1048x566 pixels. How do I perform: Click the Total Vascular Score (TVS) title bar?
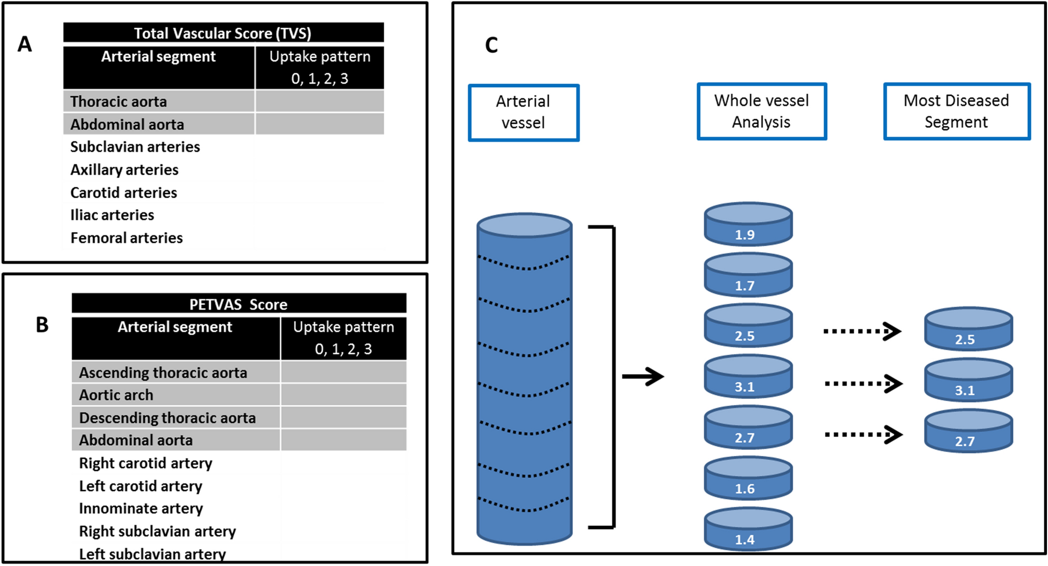point(223,33)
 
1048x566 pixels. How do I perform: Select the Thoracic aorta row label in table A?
point(119,101)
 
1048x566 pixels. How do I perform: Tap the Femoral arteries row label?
point(127,238)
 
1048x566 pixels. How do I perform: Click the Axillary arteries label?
point(124,170)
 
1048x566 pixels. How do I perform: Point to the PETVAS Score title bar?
point(238,304)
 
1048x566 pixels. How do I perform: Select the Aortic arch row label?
point(116,395)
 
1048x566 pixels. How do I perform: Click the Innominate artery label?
point(141,508)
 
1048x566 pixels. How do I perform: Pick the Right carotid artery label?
point(146,463)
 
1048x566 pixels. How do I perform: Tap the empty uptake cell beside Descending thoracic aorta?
point(344,418)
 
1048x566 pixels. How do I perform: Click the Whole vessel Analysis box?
point(762,111)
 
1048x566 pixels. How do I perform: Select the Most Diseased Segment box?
point(956,111)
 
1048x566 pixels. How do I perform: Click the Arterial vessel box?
point(523,112)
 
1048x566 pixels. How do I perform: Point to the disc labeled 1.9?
point(748,225)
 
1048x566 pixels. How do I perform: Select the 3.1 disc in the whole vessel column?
point(748,377)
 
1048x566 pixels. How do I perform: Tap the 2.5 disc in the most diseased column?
point(968,329)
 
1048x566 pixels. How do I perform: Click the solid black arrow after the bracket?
point(643,376)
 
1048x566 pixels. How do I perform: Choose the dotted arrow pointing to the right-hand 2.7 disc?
point(863,434)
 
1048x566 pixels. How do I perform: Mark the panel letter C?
point(491,45)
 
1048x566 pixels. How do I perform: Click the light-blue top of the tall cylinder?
point(524,225)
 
